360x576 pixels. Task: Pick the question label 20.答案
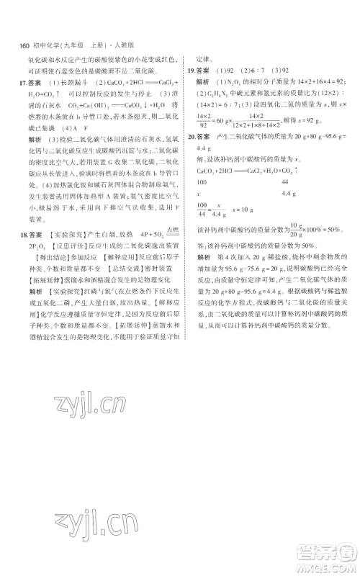pyautogui.click(x=199, y=135)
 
